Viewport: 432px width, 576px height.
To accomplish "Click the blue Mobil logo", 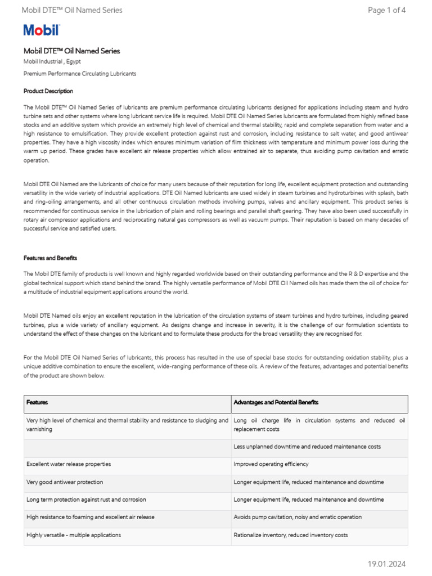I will [x=41, y=30].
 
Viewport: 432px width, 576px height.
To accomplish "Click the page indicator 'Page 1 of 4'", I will [x=386, y=10].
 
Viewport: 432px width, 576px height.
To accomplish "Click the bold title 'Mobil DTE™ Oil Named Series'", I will [x=71, y=51].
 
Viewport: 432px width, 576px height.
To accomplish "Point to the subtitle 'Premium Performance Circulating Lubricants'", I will [x=79, y=74].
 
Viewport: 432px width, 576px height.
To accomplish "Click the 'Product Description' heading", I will [x=48, y=91].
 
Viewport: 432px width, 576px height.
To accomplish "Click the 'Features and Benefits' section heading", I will [x=51, y=258].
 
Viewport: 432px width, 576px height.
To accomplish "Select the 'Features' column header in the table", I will [x=37, y=403].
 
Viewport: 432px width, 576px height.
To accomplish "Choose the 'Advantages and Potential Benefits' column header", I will [x=276, y=403].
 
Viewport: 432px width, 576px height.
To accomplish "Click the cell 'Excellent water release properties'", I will [x=69, y=465].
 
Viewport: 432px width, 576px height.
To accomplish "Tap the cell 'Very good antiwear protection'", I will [x=65, y=482].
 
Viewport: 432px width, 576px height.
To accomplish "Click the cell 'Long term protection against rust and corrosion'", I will [x=86, y=499].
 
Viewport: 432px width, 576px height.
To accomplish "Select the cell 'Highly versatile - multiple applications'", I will [x=74, y=535].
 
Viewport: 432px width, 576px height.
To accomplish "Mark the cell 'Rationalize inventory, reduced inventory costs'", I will [x=291, y=535].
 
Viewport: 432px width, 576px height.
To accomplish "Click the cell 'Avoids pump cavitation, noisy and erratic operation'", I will [x=298, y=517].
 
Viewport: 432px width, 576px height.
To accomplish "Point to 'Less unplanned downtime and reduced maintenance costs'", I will [x=307, y=447].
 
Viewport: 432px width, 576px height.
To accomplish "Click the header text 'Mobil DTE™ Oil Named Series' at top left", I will [x=71, y=10].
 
